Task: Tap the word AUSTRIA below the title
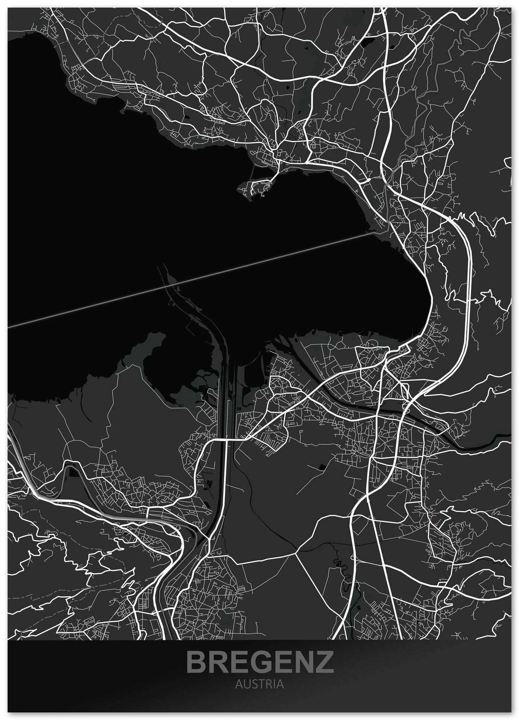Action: coord(259,684)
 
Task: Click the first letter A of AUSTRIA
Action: coord(238,684)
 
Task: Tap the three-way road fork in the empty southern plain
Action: coord(295,553)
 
